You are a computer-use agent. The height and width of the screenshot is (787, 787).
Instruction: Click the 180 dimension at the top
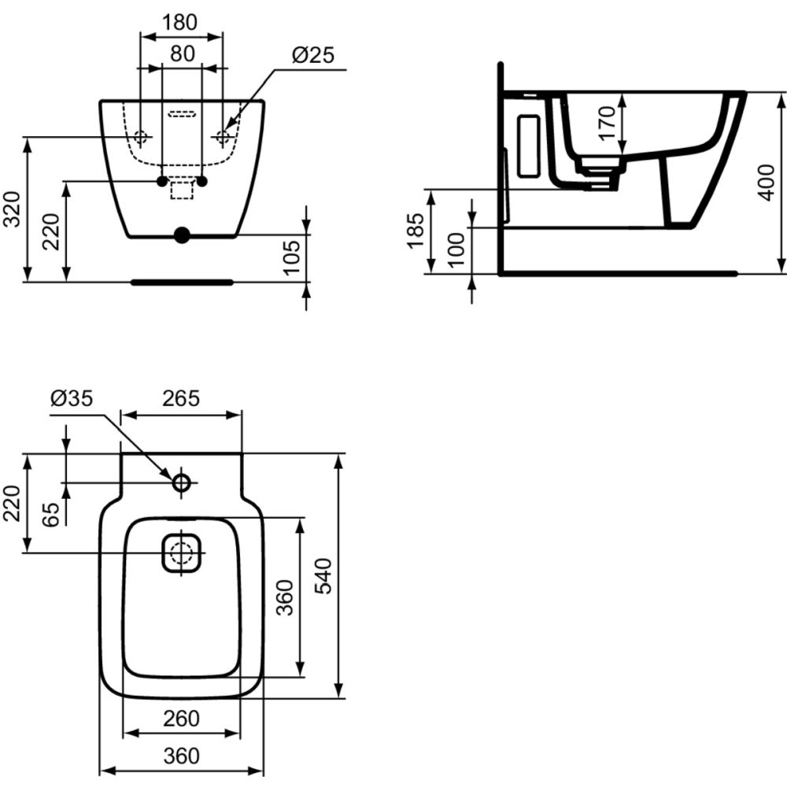tap(180, 23)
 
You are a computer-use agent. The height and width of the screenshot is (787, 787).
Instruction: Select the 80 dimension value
tap(182, 54)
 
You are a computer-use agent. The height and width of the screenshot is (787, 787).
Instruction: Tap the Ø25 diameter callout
tap(312, 55)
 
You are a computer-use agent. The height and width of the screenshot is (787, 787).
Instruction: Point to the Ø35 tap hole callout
tap(71, 399)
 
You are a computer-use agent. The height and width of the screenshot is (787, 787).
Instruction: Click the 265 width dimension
tap(180, 399)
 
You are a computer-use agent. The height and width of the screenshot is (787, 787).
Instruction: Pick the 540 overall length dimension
tap(323, 575)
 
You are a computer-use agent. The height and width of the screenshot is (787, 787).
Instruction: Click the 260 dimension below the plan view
tap(182, 718)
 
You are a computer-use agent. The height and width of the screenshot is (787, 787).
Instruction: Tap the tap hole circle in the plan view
tap(182, 482)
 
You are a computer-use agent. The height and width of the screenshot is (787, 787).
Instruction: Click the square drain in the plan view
tap(182, 552)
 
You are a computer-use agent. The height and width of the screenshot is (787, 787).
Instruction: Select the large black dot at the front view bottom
tap(182, 235)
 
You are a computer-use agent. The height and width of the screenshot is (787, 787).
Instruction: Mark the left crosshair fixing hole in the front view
tap(142, 137)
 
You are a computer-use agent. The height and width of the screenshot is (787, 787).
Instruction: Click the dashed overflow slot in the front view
tap(182, 115)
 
